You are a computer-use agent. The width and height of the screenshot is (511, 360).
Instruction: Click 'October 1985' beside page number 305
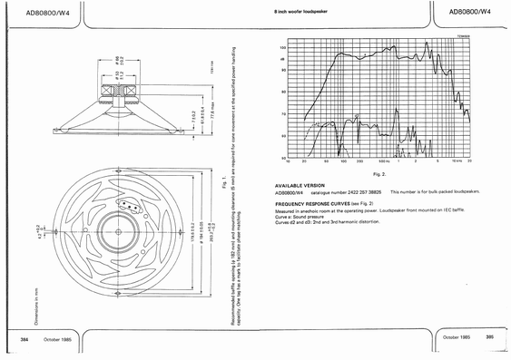pos(456,336)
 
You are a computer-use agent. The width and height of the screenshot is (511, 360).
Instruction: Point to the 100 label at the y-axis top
pos(283,46)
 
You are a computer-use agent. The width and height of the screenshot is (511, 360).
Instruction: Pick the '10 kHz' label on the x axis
pos(456,162)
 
